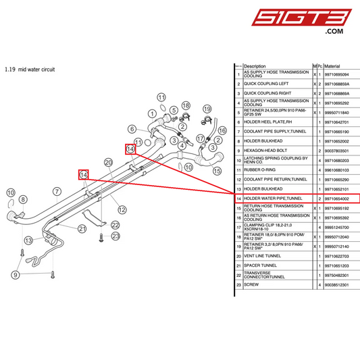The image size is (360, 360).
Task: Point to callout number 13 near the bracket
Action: click(28, 240)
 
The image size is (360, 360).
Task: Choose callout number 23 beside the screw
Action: click(115, 236)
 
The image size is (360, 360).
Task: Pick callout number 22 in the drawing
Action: click(115, 225)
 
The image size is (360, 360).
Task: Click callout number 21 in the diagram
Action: click(82, 228)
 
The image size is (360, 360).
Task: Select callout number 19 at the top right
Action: click(207, 109)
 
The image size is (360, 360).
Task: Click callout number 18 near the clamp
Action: click(186, 105)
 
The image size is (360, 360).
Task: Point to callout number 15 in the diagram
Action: click(217, 172)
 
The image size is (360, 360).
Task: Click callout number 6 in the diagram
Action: click(132, 128)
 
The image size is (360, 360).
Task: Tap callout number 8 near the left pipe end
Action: click(22, 199)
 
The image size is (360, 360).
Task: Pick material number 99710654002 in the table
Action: click(338, 199)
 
